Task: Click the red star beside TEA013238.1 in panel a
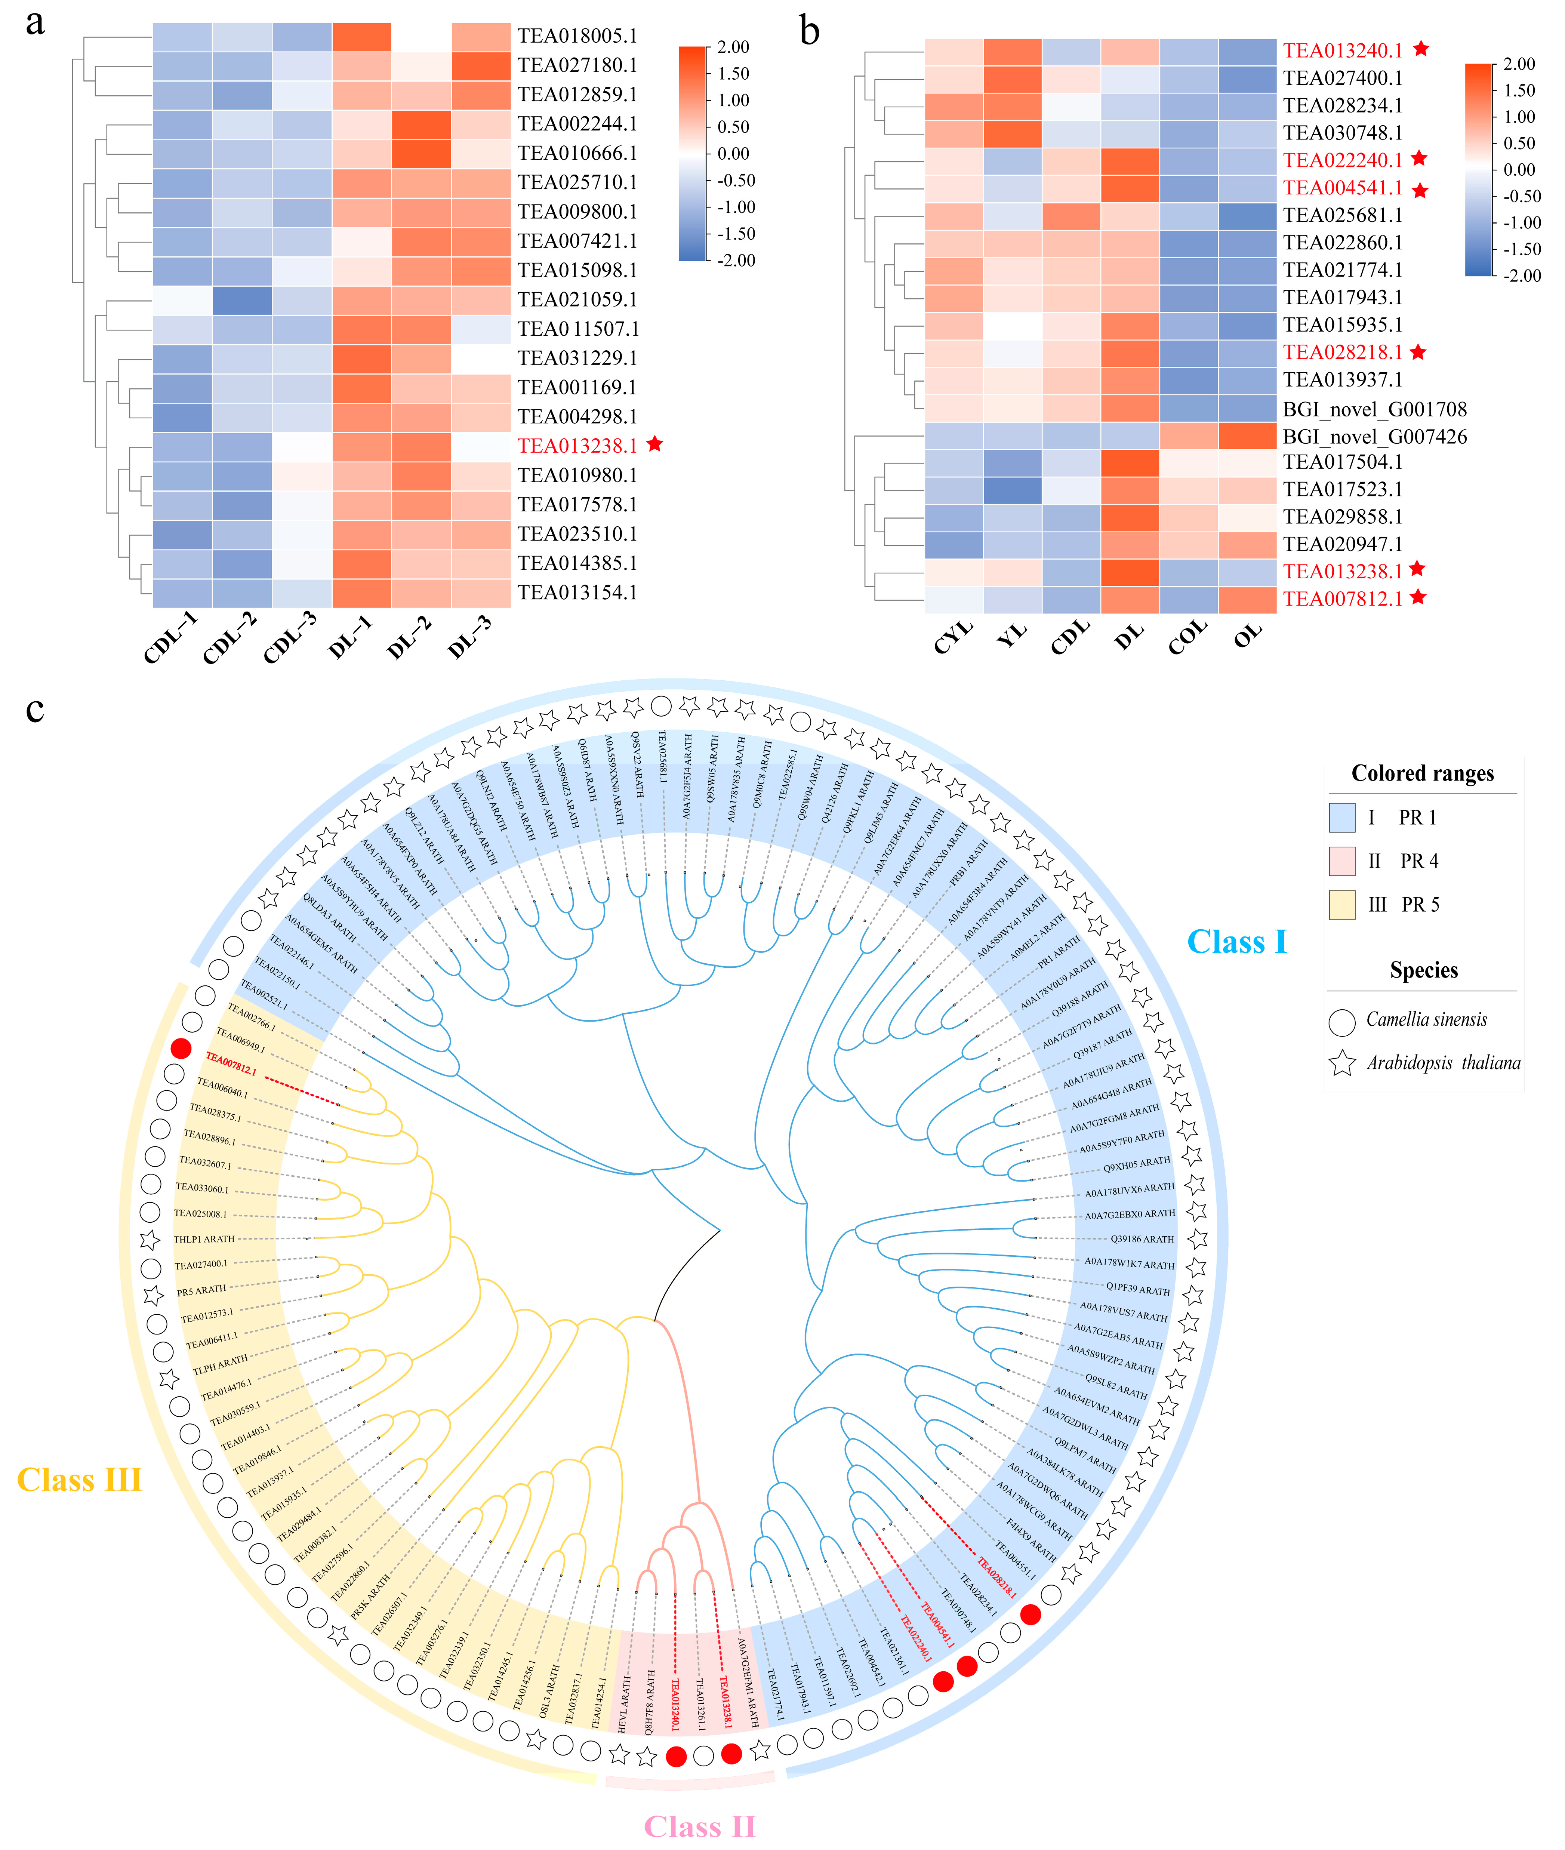coord(655,444)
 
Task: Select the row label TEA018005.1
coord(577,36)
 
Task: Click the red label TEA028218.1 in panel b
coord(1342,352)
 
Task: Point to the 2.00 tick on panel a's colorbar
coord(733,47)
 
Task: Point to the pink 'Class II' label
coord(699,1826)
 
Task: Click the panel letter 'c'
coord(35,710)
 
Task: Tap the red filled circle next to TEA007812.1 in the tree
coord(181,1049)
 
